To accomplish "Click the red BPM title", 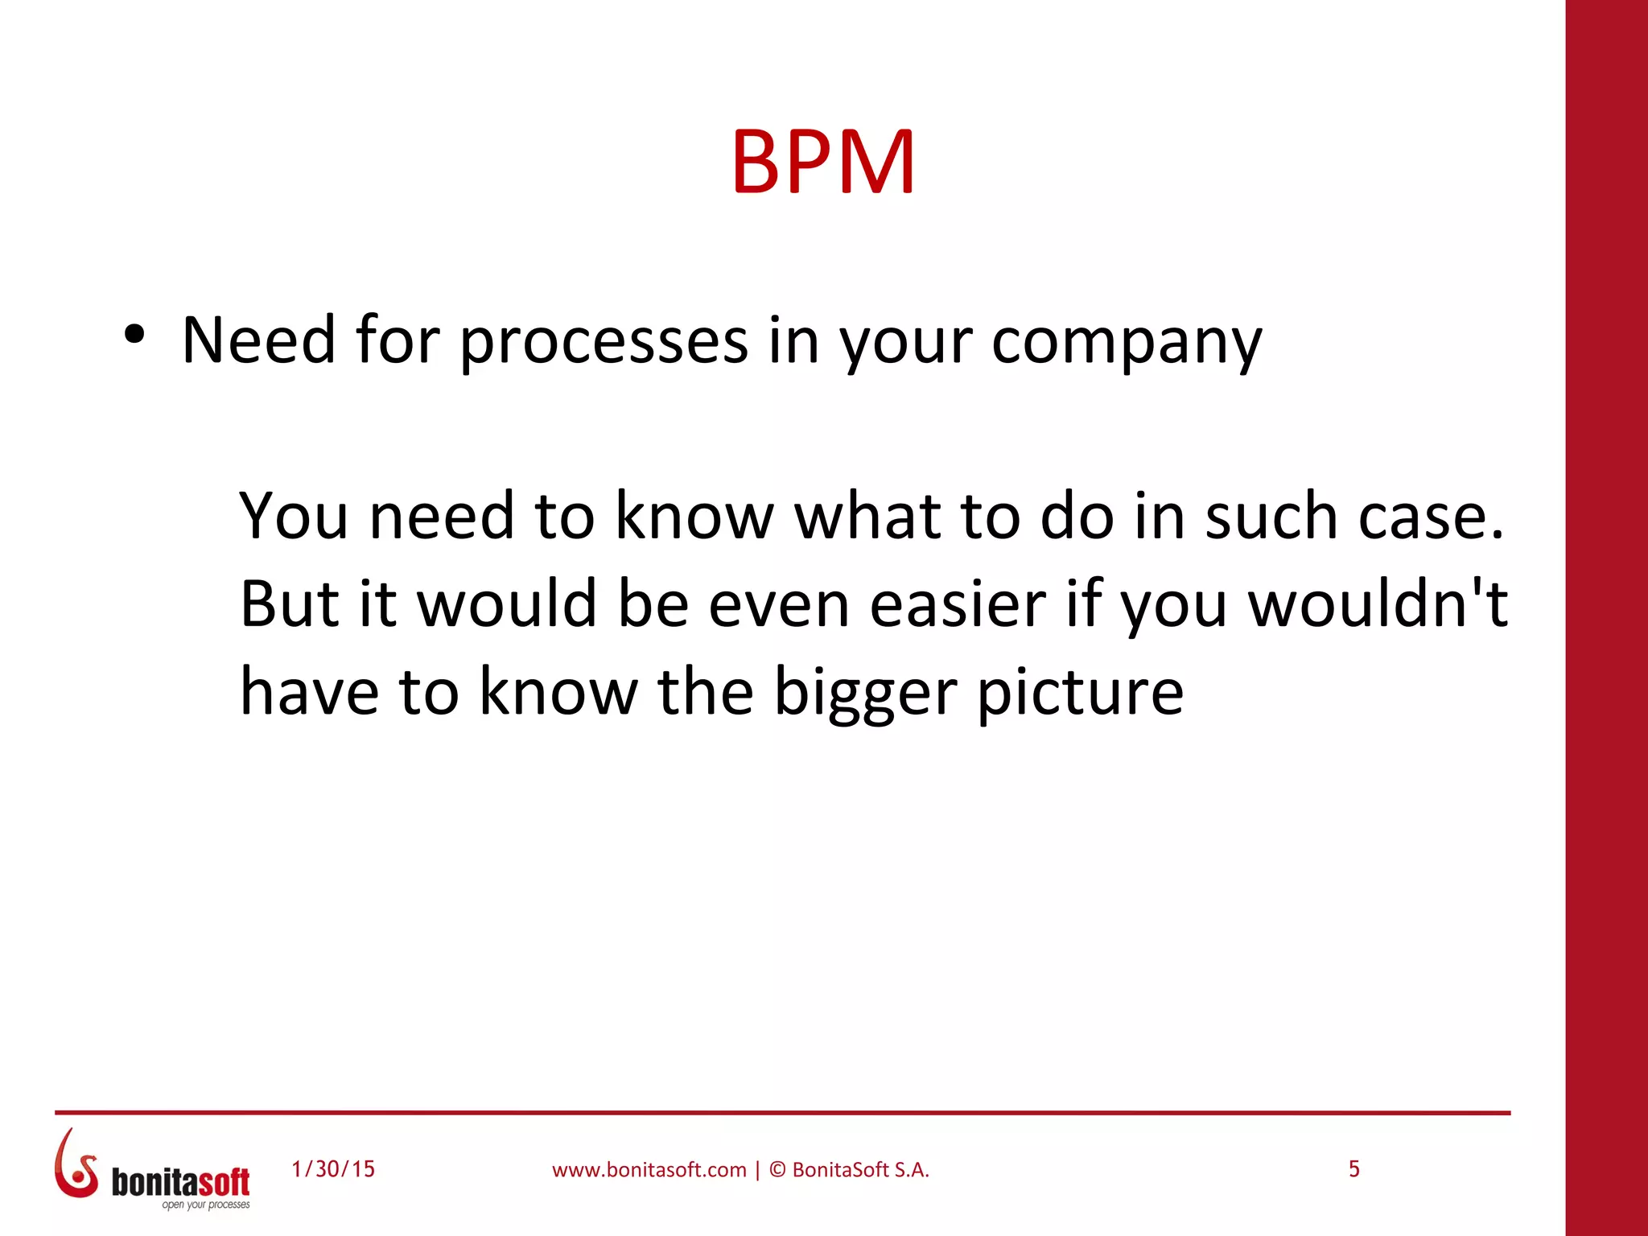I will tap(822, 163).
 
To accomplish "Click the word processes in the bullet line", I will tap(604, 341).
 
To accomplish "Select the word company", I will tap(1126, 343).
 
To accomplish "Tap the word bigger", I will tap(865, 694).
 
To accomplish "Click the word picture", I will tap(1080, 694).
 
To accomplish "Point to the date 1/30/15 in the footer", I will tap(333, 1169).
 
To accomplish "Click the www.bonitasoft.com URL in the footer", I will tap(649, 1170).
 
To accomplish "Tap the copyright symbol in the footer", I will tap(777, 1170).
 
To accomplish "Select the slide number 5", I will tap(1354, 1169).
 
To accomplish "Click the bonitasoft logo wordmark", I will tap(180, 1181).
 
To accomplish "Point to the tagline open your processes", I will tap(206, 1205).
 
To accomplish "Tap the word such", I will tap(1271, 516).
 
